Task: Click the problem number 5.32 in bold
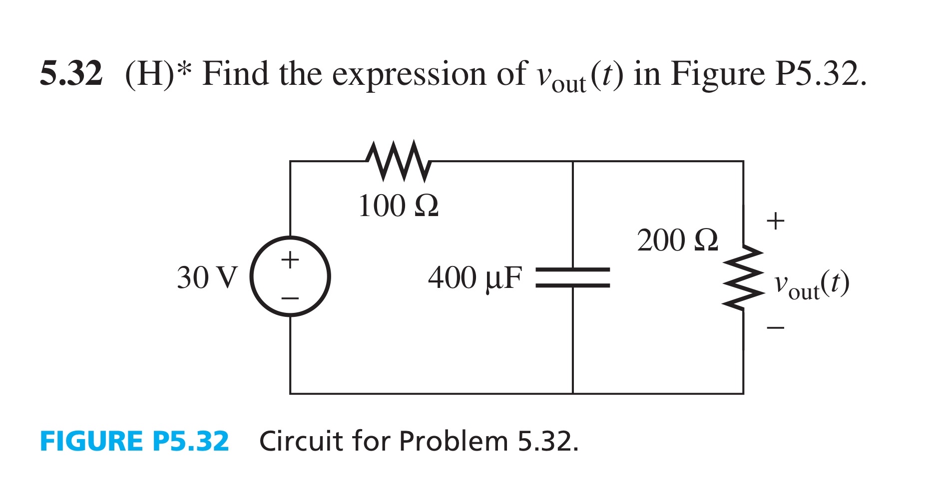pyautogui.click(x=71, y=73)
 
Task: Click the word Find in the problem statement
pyautogui.click(x=236, y=73)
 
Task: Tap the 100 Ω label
pyautogui.click(x=398, y=206)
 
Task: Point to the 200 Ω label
pyautogui.click(x=677, y=241)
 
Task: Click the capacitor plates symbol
pyautogui.click(x=573, y=277)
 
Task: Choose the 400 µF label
pyautogui.click(x=474, y=278)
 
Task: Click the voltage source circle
pyautogui.click(x=290, y=276)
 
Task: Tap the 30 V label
pyautogui.click(x=207, y=278)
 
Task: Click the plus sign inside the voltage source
pyautogui.click(x=290, y=259)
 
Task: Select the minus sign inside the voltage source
pyautogui.click(x=290, y=298)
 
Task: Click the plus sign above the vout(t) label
pyautogui.click(x=775, y=221)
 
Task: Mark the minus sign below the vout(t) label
pyautogui.click(x=775, y=328)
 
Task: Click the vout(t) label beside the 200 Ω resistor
pyautogui.click(x=811, y=285)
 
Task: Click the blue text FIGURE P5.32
pyautogui.click(x=134, y=441)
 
